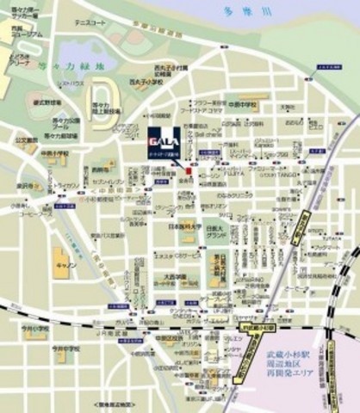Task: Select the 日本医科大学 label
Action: [183, 227]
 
